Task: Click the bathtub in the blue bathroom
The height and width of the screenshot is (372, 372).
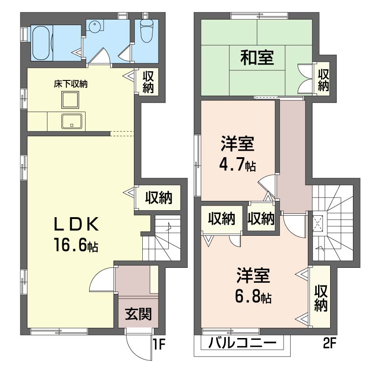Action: point(42,43)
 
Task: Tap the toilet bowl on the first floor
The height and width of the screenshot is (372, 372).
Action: point(147,31)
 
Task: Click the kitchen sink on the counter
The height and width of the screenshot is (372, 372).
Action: point(72,121)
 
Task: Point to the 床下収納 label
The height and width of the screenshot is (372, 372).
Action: point(71,84)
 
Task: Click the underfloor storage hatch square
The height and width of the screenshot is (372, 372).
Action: point(70,100)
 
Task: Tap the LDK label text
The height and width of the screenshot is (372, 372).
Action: point(76,224)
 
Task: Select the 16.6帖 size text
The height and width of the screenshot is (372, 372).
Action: point(76,245)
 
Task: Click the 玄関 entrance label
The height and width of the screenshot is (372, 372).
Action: point(138,314)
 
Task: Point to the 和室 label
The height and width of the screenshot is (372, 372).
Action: point(257,58)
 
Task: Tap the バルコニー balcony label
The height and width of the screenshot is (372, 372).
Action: point(242,343)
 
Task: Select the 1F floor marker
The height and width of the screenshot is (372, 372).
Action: point(159,344)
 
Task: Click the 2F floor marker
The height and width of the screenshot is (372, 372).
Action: point(330,343)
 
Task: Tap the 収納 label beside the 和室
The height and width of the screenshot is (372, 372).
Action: point(323,80)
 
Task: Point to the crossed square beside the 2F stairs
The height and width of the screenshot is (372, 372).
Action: point(318,223)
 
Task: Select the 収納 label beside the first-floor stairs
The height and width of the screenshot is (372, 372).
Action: point(159,197)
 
